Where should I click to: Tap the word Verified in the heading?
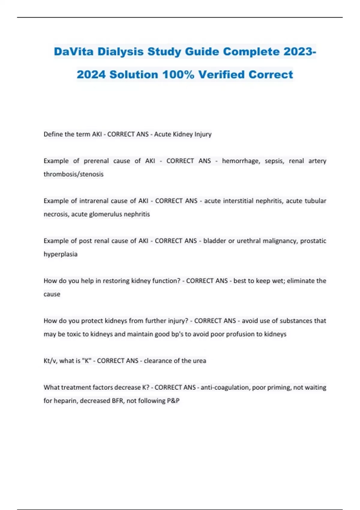222,74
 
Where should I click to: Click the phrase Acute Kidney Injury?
183,134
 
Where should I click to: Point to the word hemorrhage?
241,161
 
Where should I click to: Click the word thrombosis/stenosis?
73,174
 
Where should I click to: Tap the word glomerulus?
106,214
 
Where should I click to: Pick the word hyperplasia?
61,254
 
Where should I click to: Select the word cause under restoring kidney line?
52,294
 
